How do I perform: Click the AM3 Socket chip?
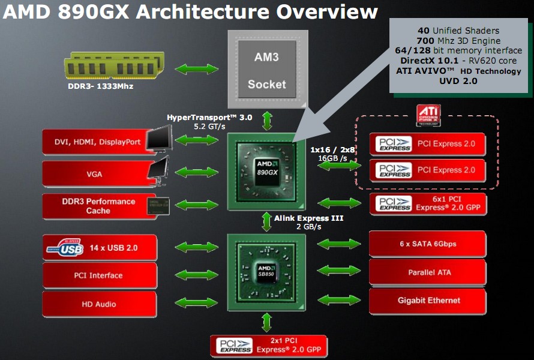tap(268, 70)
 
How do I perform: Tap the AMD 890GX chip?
tap(266, 172)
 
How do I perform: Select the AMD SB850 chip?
tap(266, 272)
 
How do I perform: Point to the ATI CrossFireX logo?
tap(428, 115)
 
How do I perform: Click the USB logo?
tap(65, 247)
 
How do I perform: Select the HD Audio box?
tap(100, 304)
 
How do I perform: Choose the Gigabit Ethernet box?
tap(428, 301)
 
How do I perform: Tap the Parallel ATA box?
tap(428, 272)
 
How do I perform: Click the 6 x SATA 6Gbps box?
tap(428, 244)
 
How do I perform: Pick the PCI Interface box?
tap(100, 275)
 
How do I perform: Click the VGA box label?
tap(94, 175)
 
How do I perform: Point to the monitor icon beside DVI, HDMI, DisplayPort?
tap(160, 138)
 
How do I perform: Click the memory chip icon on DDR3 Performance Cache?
tap(158, 206)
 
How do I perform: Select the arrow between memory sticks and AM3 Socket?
tap(197, 69)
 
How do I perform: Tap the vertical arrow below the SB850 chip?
tap(266, 323)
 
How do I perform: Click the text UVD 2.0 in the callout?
tap(458, 81)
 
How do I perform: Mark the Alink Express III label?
tap(308, 218)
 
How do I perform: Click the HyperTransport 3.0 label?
tap(209, 118)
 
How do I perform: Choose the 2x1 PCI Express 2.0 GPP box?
tap(269, 346)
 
